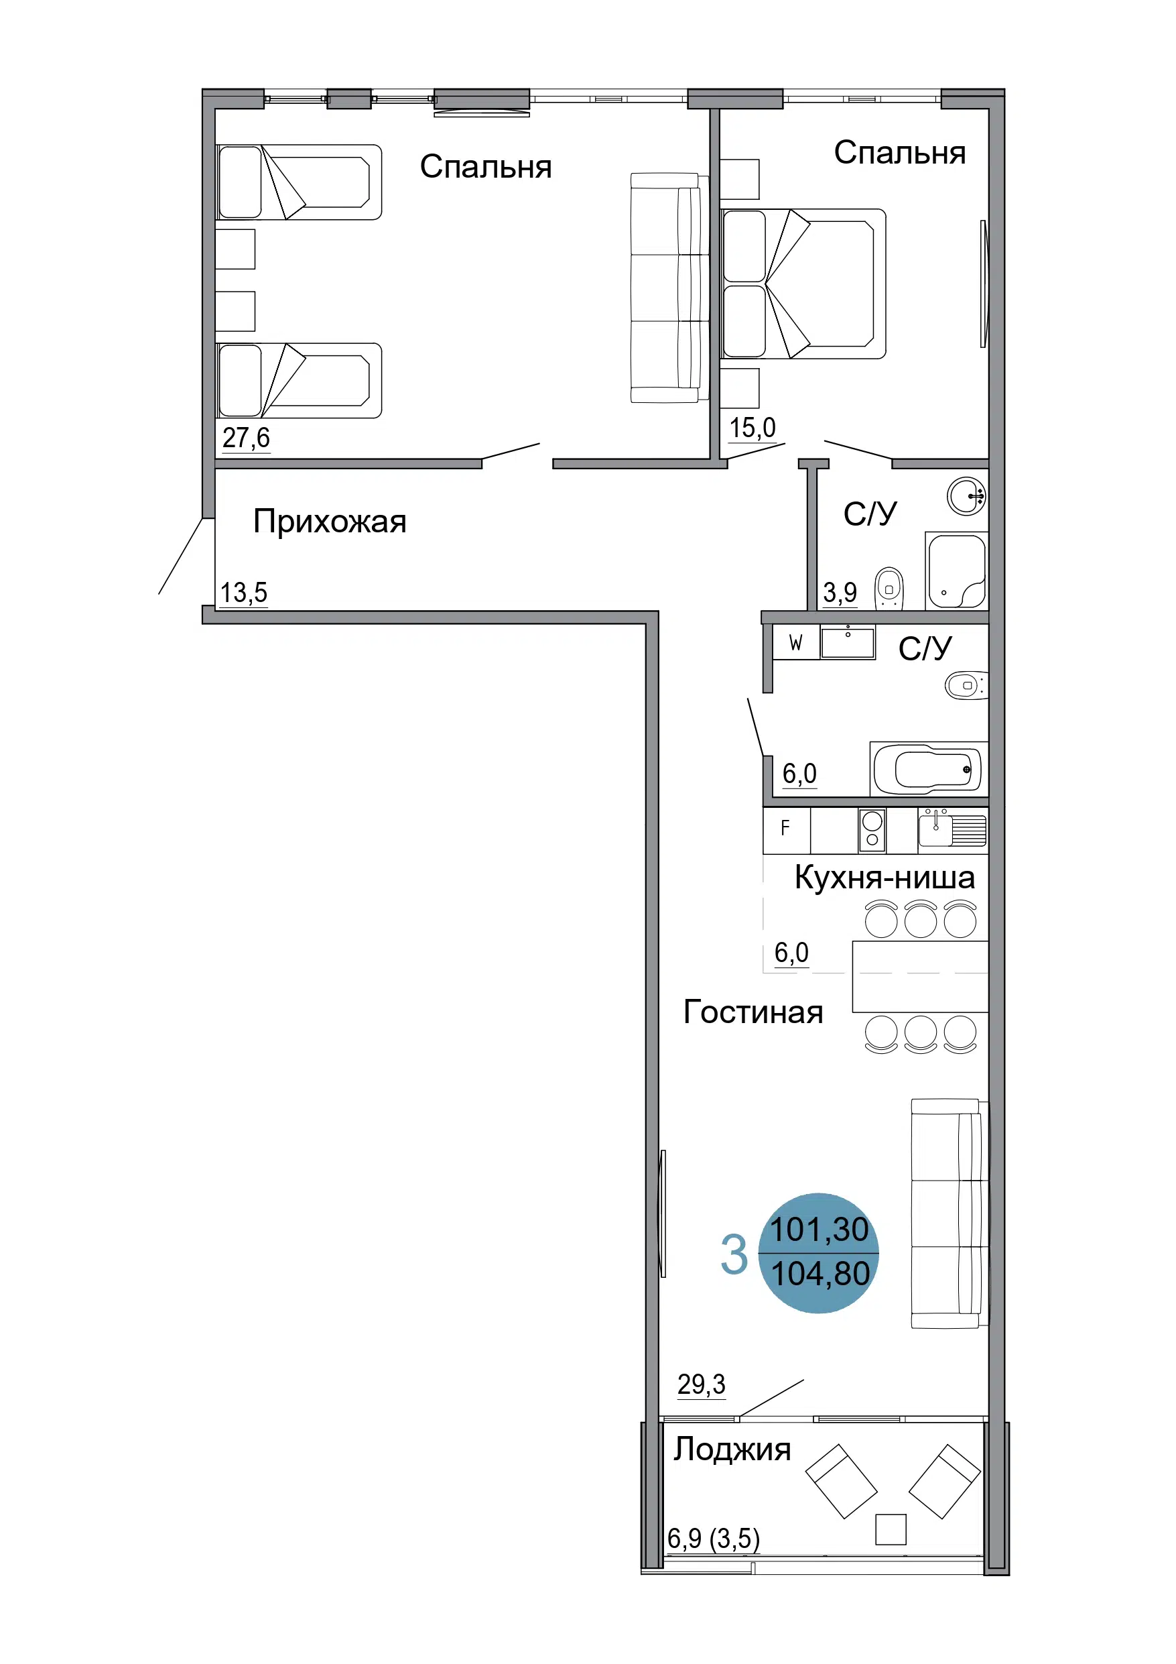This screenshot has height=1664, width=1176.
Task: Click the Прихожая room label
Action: click(x=330, y=522)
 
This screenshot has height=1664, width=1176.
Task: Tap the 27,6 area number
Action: click(x=247, y=438)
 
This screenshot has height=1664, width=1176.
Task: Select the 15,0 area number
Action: click(x=752, y=428)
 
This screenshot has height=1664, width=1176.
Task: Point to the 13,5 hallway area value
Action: click(x=243, y=592)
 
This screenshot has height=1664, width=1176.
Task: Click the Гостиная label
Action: click(x=754, y=1012)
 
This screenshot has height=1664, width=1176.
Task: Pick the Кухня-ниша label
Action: click(x=885, y=877)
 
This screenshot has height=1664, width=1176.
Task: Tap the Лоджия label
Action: click(x=732, y=1449)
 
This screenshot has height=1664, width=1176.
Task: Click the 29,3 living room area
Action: click(x=702, y=1384)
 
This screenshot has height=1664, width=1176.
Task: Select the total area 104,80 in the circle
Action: click(x=820, y=1273)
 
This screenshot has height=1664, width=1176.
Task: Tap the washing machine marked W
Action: click(x=795, y=643)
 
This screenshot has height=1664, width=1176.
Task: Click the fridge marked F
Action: click(x=786, y=831)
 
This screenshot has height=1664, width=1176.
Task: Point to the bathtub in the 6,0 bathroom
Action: click(x=928, y=769)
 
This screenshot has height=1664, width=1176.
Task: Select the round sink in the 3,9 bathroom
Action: click(x=966, y=496)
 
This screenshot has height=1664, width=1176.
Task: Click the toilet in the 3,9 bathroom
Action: click(x=889, y=587)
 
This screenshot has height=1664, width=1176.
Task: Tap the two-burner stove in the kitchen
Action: click(x=872, y=831)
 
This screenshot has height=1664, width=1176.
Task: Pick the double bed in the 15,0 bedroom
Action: click(x=803, y=284)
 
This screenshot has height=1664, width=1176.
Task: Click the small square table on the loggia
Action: click(x=891, y=1529)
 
